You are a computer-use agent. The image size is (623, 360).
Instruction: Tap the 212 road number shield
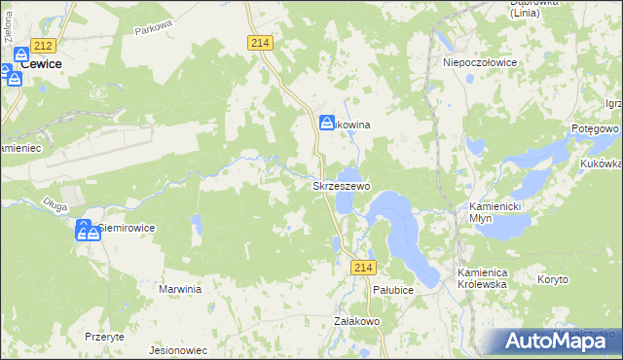[42, 46]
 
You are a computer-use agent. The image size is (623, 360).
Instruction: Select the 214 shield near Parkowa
[259, 43]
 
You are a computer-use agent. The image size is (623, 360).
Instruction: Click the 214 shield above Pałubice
[364, 268]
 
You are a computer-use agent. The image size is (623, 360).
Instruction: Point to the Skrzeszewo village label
[340, 185]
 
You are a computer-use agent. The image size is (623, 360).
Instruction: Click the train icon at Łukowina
[328, 123]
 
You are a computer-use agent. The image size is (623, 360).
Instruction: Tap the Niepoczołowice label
[479, 60]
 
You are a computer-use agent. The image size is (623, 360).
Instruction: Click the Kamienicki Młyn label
[495, 213]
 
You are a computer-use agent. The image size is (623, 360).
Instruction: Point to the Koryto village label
[553, 279]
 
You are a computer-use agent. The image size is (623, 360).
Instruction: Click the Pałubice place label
[394, 290]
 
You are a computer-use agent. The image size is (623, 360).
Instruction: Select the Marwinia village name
[180, 289]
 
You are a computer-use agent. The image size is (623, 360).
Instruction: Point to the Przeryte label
[103, 336]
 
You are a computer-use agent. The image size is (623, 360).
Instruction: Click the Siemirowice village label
[127, 228]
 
